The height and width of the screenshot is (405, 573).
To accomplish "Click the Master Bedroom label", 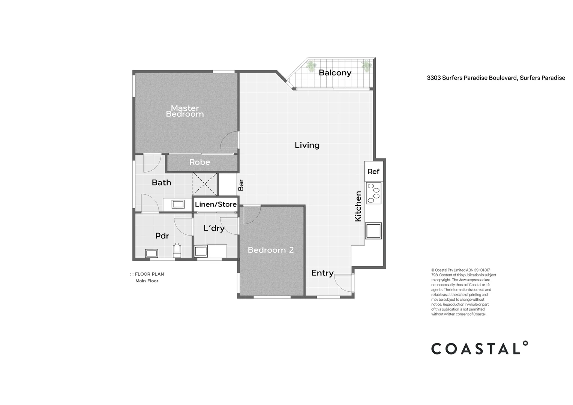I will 184,111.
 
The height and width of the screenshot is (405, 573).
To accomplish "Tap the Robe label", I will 199,162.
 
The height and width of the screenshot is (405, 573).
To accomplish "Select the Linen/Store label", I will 216,204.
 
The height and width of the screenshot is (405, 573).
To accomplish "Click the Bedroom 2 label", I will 270,250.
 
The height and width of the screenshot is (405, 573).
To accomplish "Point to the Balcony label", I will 335,73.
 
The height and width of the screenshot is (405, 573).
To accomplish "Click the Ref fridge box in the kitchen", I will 373,171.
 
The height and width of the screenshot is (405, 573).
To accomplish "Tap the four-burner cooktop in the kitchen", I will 373,193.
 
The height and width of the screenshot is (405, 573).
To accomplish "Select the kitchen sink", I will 373,231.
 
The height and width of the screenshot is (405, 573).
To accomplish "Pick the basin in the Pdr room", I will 151,253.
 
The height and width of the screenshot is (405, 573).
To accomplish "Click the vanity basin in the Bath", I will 178,204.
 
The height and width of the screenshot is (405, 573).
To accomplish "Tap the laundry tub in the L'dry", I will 201,251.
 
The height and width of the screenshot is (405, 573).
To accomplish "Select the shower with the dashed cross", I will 205,184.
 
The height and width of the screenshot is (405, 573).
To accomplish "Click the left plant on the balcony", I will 311,66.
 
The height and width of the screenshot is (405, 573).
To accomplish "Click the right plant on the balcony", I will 366,66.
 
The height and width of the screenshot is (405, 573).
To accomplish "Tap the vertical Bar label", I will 241,184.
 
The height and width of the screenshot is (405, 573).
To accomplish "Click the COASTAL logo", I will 479,348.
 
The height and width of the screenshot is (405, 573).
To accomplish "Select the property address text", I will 496,78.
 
